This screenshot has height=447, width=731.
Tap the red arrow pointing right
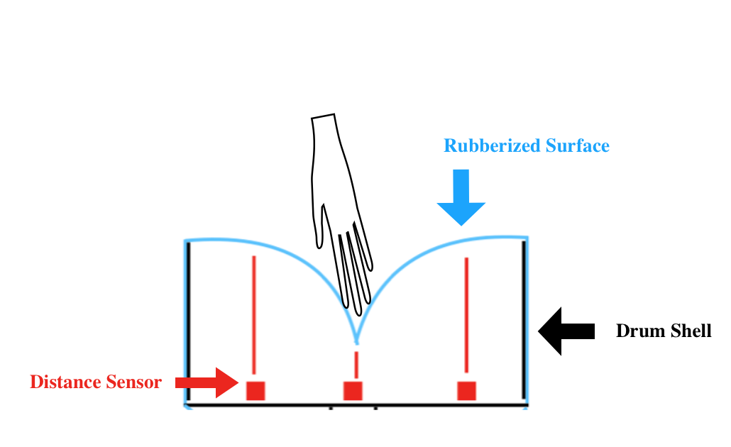(x=207, y=382)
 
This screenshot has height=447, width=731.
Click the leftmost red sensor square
(x=255, y=390)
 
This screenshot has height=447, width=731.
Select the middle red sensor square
(x=353, y=390)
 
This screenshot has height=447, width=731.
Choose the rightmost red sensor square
(x=466, y=390)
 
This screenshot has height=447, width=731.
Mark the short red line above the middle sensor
(x=356, y=365)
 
